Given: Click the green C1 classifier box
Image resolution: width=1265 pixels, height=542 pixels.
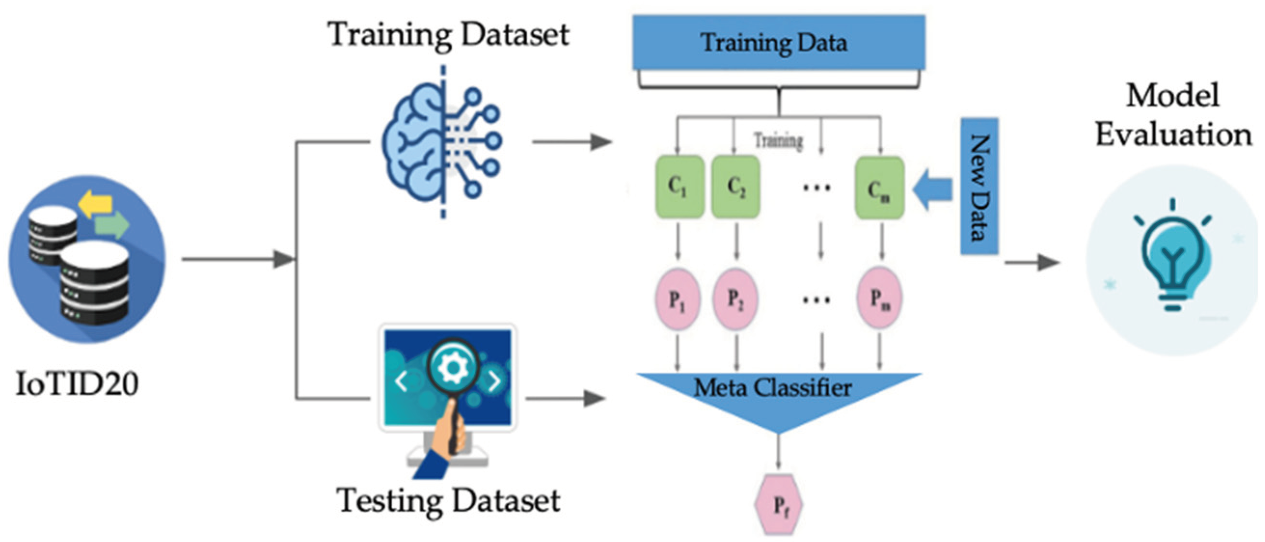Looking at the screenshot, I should click(679, 187).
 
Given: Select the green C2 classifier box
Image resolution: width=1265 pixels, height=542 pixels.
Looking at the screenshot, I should click(736, 187).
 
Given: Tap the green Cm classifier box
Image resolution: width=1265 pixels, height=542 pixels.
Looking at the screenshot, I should click(879, 188).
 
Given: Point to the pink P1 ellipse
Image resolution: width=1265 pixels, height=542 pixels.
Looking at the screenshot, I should click(678, 298).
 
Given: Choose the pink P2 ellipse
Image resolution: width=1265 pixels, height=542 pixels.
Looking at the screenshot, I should click(735, 298).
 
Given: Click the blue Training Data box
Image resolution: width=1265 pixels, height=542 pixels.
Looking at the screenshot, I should click(779, 42).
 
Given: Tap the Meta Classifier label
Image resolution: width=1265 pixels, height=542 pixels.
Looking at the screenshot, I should click(772, 388).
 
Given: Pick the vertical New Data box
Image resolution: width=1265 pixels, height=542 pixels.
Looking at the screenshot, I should click(979, 187).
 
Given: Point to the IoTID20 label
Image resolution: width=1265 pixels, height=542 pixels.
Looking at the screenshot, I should click(77, 384).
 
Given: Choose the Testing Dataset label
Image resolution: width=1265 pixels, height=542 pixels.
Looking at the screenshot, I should click(448, 501).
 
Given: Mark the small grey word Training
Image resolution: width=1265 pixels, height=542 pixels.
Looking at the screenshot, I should click(779, 141).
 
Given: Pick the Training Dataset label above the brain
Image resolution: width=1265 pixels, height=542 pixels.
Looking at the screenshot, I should click(449, 34).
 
